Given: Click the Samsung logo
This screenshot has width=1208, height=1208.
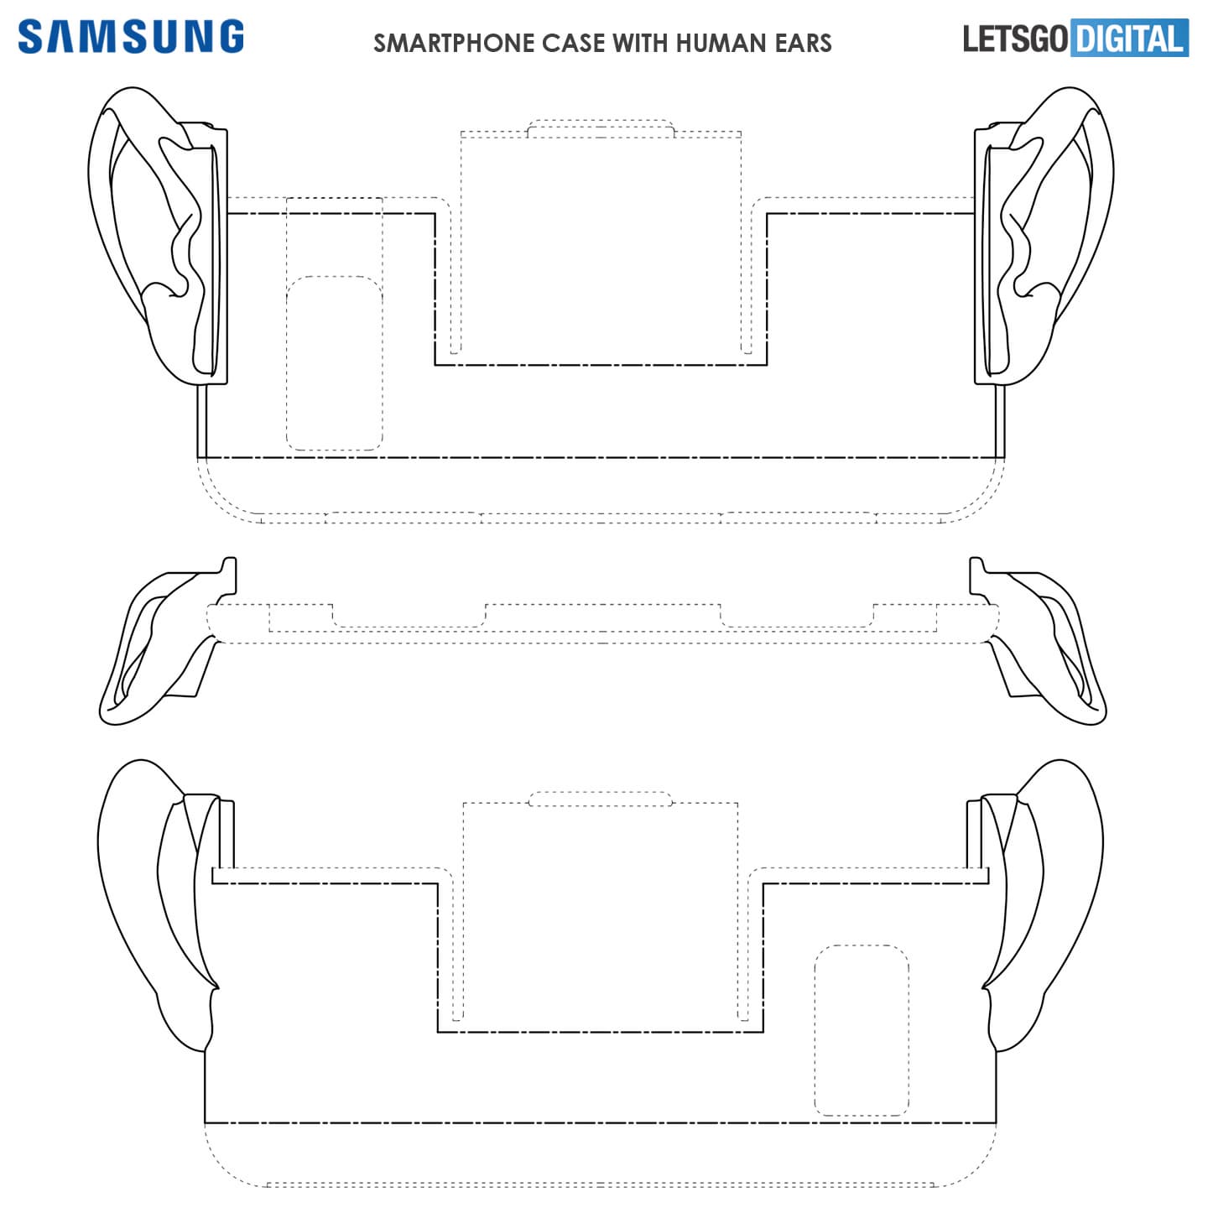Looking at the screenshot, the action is pos(131,36).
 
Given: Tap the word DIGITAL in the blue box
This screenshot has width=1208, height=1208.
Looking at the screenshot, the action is pos(1128,39).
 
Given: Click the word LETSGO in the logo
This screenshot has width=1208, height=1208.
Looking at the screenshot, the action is pos(1015,39).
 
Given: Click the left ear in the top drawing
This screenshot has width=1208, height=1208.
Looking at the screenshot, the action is pos(157,235).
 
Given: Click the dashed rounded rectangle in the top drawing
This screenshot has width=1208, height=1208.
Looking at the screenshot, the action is pos(334,363).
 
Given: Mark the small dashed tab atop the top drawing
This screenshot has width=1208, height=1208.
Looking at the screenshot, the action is pos(601,128).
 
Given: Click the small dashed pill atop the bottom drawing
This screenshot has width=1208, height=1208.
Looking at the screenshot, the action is pos(600,799).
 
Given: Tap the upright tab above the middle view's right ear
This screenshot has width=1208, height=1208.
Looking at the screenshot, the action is pos(976,575).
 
